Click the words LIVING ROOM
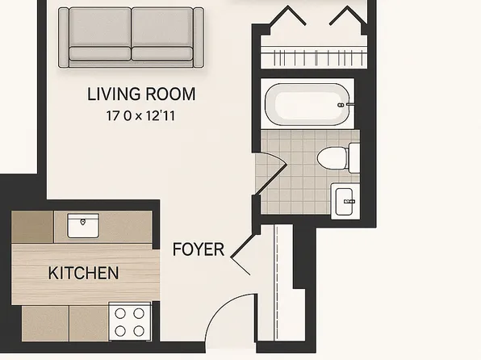click(x=141, y=95)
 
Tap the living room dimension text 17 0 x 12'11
click(x=141, y=116)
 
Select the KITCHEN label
click(x=83, y=274)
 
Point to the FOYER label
click(x=199, y=249)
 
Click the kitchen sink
click(x=82, y=225)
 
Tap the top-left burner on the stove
click(x=119, y=314)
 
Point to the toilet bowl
click(x=330, y=157)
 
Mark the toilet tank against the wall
click(x=353, y=157)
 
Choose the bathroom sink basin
click(x=344, y=199)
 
